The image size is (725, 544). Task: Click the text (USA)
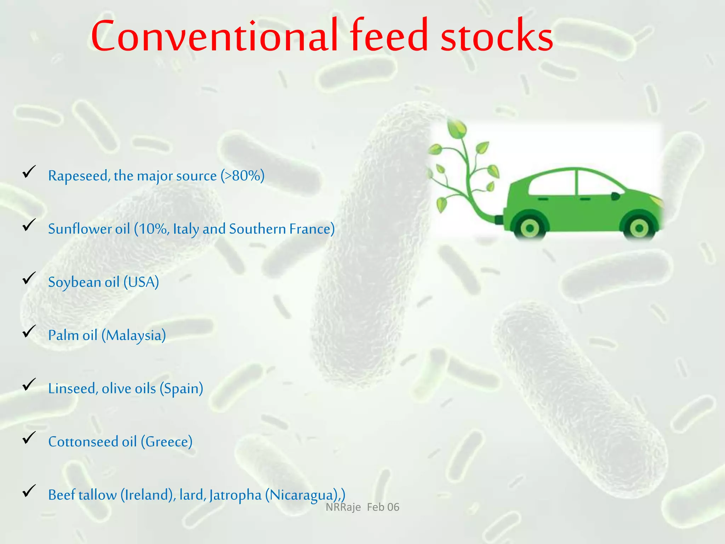[x=141, y=282]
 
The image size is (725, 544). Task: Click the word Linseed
[x=73, y=389]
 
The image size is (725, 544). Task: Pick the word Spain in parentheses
[x=181, y=389]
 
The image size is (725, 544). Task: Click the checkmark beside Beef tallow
[x=29, y=491]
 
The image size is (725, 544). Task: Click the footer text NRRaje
[x=343, y=507]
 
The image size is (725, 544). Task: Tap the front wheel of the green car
[x=639, y=228]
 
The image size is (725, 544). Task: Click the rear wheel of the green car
[x=530, y=228]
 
